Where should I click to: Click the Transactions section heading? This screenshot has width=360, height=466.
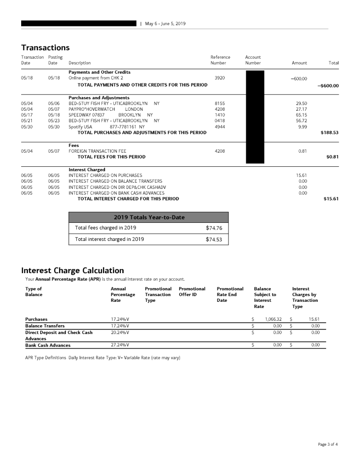click(x=45, y=48)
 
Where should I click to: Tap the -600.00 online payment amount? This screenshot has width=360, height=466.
click(x=299, y=79)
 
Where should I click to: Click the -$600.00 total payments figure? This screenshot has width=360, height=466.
click(x=328, y=86)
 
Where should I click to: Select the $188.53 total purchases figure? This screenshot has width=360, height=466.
click(x=330, y=132)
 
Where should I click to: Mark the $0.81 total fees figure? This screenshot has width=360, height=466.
click(x=332, y=157)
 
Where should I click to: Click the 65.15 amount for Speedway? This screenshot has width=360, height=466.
click(x=301, y=114)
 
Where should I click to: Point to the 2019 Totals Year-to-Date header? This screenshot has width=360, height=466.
click(x=149, y=217)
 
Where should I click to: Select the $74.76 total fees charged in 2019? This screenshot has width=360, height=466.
click(x=214, y=228)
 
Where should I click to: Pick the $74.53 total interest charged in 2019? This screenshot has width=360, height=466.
click(x=214, y=240)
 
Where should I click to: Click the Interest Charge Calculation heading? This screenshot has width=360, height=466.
click(x=72, y=271)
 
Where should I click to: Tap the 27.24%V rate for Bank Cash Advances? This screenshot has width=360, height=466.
click(x=120, y=345)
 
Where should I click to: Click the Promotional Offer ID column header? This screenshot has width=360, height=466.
click(x=192, y=292)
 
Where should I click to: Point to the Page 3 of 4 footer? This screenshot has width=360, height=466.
click(x=328, y=444)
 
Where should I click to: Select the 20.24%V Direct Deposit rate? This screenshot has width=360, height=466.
click(x=120, y=332)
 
